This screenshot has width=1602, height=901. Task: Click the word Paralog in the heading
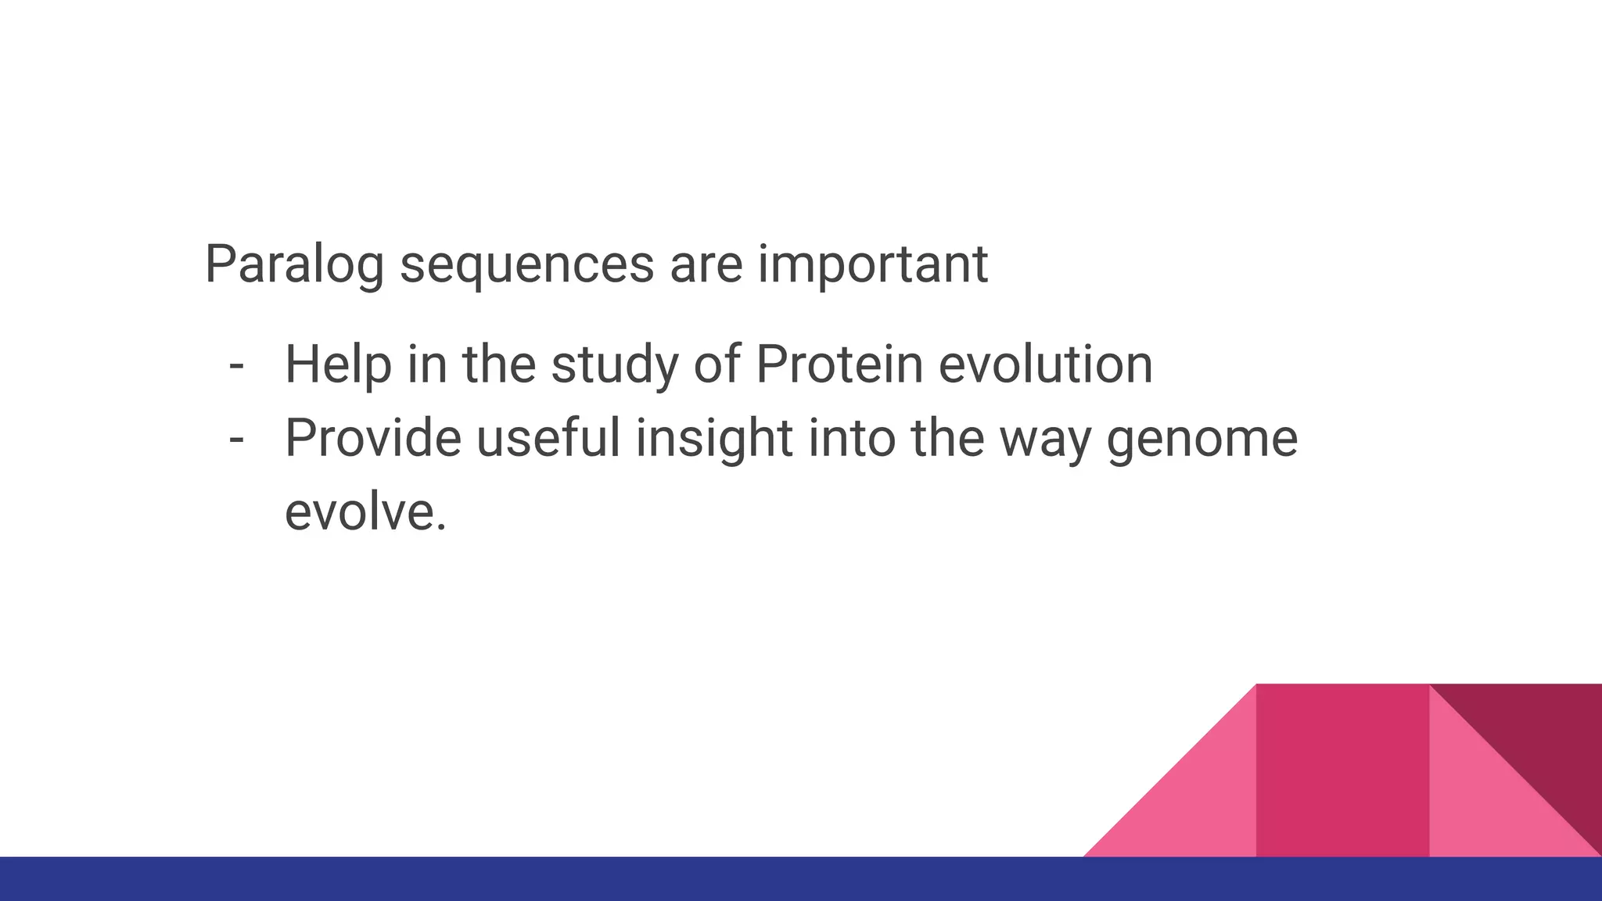click(x=293, y=266)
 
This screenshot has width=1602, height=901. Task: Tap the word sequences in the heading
click(x=526, y=266)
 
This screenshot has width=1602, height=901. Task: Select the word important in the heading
click(x=872, y=266)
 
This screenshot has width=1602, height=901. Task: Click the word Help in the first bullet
click(x=337, y=365)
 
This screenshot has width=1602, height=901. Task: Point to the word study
click(x=615, y=365)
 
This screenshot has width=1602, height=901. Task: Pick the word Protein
click(x=839, y=365)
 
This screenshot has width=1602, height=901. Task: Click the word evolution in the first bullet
click(x=1045, y=365)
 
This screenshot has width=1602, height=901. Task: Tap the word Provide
click(x=373, y=438)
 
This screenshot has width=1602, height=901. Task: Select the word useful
click(x=548, y=438)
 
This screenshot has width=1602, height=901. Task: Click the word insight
click(x=714, y=438)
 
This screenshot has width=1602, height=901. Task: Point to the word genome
click(x=1202, y=438)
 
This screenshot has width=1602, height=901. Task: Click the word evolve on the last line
click(x=365, y=512)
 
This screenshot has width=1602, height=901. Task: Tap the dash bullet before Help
click(x=236, y=366)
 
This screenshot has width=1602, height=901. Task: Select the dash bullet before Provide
click(x=236, y=440)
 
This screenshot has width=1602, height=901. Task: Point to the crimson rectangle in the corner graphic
click(x=1342, y=770)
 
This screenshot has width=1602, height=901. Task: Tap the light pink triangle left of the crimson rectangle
click(x=1197, y=806)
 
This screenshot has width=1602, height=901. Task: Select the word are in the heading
click(x=706, y=266)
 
